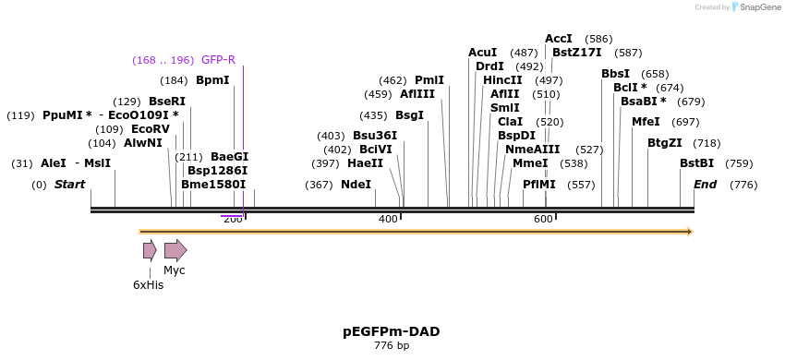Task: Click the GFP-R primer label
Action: [218, 60]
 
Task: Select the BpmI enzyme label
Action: [212, 80]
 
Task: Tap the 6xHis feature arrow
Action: [150, 250]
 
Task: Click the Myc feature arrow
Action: [175, 250]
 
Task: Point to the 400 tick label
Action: [388, 219]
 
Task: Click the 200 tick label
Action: [233, 219]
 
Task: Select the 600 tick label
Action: [543, 219]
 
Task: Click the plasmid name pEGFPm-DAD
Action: [392, 331]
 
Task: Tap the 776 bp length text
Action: [392, 345]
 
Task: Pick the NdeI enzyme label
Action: [356, 185]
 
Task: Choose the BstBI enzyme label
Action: [696, 163]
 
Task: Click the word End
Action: [705, 185]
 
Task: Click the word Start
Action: [69, 185]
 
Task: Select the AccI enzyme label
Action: [559, 39]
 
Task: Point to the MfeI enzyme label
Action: [646, 122]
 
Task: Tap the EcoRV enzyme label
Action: [151, 129]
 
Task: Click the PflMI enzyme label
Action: [539, 185]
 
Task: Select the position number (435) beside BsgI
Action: [373, 115]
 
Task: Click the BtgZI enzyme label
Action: [665, 143]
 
